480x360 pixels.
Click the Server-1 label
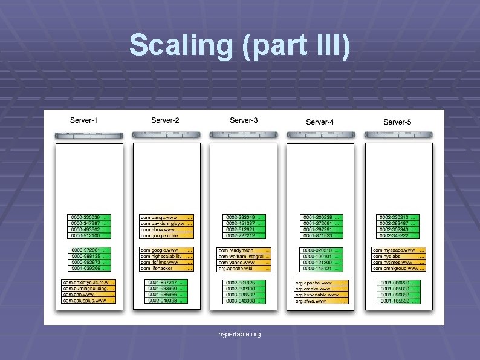pyautogui.click(x=84, y=120)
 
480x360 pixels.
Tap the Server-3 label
pyautogui.click(x=244, y=120)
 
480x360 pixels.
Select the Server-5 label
pyautogui.click(x=397, y=122)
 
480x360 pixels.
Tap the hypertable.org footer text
pyautogui.click(x=240, y=334)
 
